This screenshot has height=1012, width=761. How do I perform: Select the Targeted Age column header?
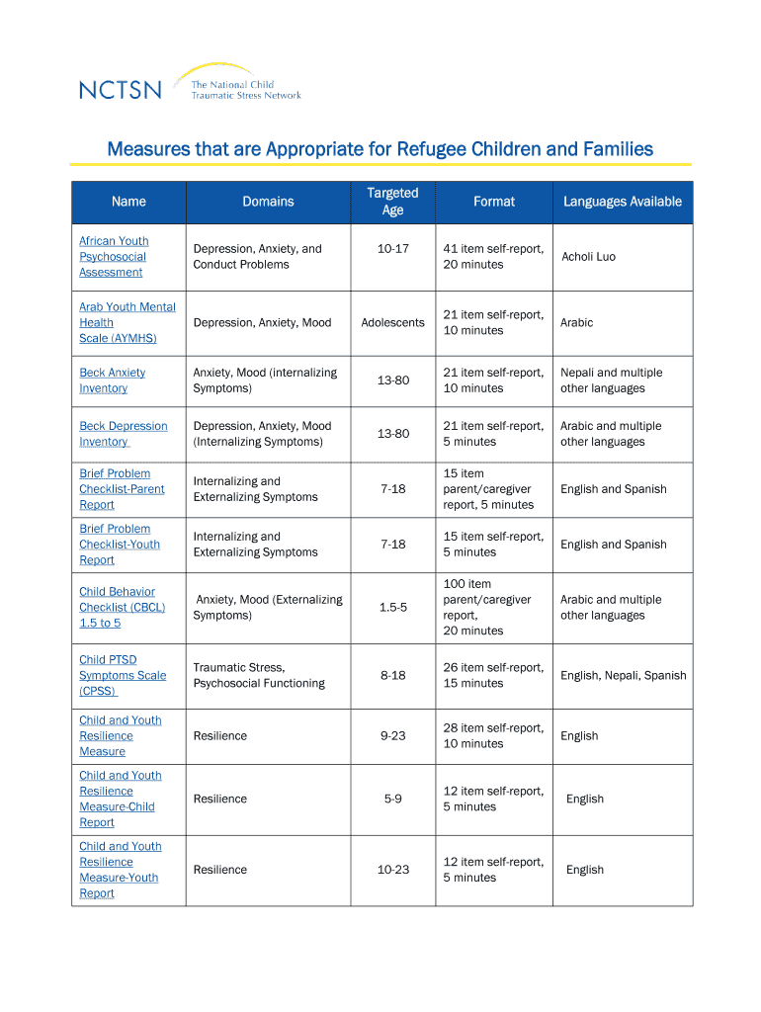point(392,202)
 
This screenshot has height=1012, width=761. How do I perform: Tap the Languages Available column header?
point(622,202)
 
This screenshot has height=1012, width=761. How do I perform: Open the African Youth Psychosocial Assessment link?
point(114,257)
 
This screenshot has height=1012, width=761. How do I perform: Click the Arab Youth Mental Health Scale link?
point(127,322)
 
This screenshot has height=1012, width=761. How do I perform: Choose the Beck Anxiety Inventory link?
point(112,380)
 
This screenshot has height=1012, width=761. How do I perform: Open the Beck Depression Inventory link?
point(123,434)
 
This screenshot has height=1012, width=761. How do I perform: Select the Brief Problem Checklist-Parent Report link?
point(122,489)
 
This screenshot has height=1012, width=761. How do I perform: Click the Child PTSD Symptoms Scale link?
point(122,675)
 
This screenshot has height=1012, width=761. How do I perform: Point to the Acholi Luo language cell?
point(588,257)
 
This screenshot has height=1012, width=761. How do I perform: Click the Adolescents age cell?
point(392,322)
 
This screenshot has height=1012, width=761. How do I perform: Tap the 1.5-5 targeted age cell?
point(392,608)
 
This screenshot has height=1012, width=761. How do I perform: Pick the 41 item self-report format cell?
point(493,257)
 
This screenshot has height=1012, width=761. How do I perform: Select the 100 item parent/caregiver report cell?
point(487,608)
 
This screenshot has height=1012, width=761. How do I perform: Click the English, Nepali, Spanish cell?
point(623,676)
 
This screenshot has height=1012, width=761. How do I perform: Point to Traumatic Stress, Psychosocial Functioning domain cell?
point(259,676)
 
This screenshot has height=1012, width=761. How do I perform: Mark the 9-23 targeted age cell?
point(392,736)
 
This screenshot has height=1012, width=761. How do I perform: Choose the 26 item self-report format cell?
point(493,676)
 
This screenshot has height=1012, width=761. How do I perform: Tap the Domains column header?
point(268,202)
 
